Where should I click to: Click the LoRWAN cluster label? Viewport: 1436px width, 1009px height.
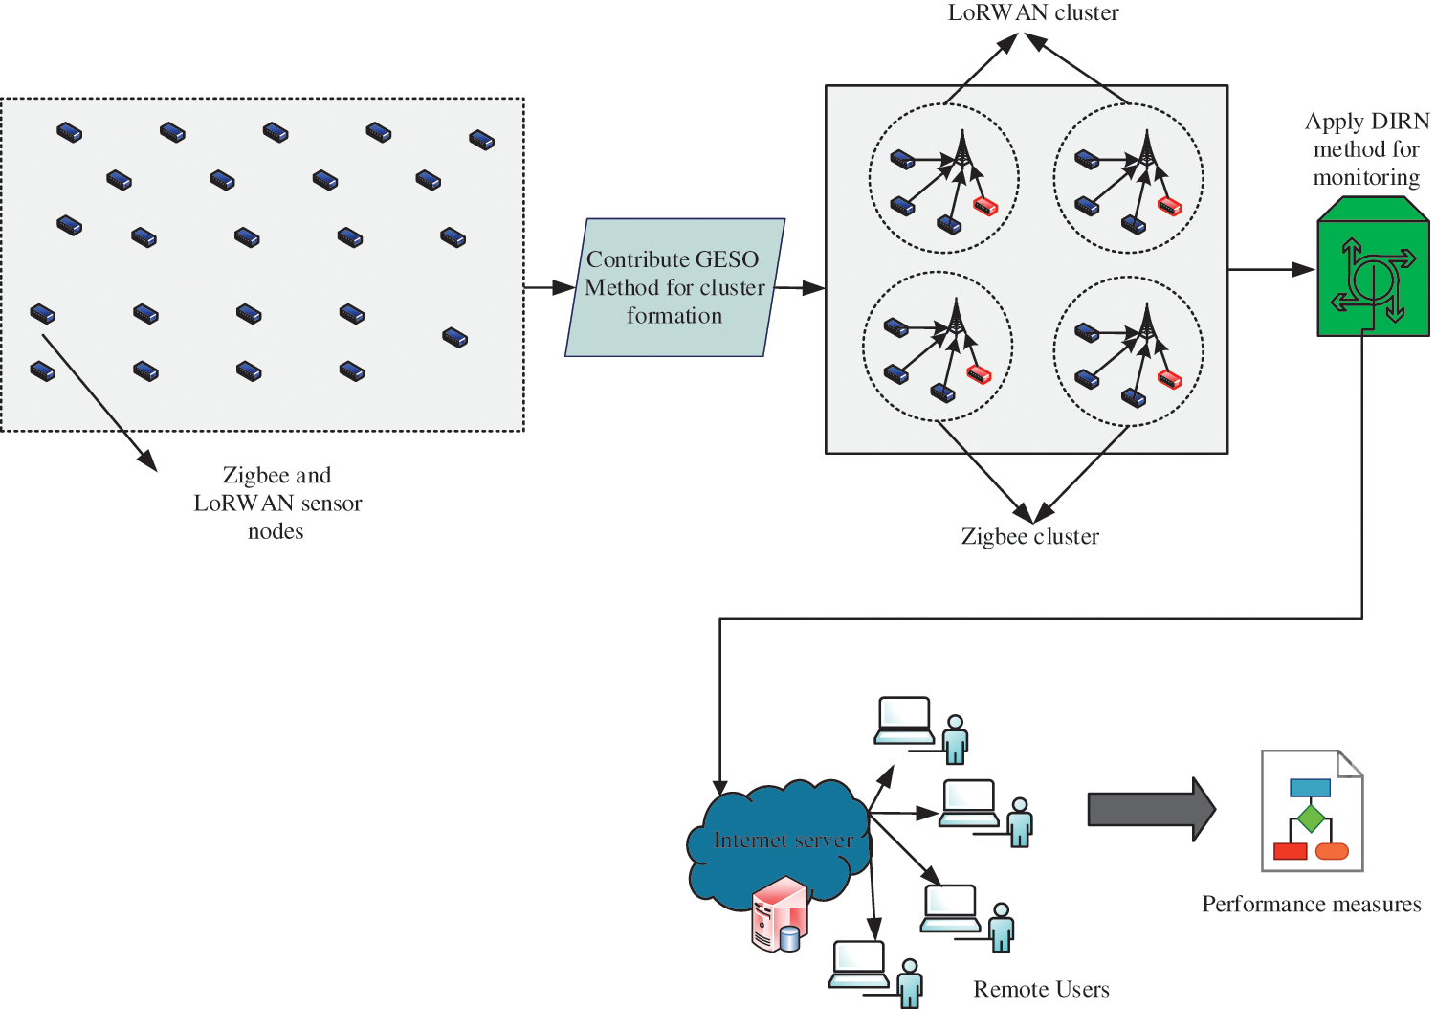click(1033, 13)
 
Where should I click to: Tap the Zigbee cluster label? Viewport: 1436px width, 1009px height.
click(1029, 537)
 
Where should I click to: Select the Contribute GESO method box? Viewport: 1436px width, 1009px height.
click(674, 287)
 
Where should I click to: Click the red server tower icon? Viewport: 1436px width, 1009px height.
click(779, 914)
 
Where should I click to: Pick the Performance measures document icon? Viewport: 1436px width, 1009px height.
click(1312, 811)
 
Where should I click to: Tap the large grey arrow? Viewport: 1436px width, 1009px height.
click(1151, 809)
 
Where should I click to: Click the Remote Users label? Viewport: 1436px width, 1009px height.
click(1041, 989)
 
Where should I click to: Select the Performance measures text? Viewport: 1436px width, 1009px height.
click(1311, 905)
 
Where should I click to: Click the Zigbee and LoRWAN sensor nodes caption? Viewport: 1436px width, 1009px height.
click(277, 503)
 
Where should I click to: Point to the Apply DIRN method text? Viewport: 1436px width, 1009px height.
click(1367, 149)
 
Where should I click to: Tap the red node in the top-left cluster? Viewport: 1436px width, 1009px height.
click(985, 206)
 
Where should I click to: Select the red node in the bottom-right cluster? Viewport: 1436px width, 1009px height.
click(1170, 379)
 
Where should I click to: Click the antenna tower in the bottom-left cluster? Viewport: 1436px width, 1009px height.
click(955, 320)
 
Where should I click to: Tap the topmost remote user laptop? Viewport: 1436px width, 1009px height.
click(904, 720)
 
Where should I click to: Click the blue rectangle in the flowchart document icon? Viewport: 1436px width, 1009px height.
click(1310, 788)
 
